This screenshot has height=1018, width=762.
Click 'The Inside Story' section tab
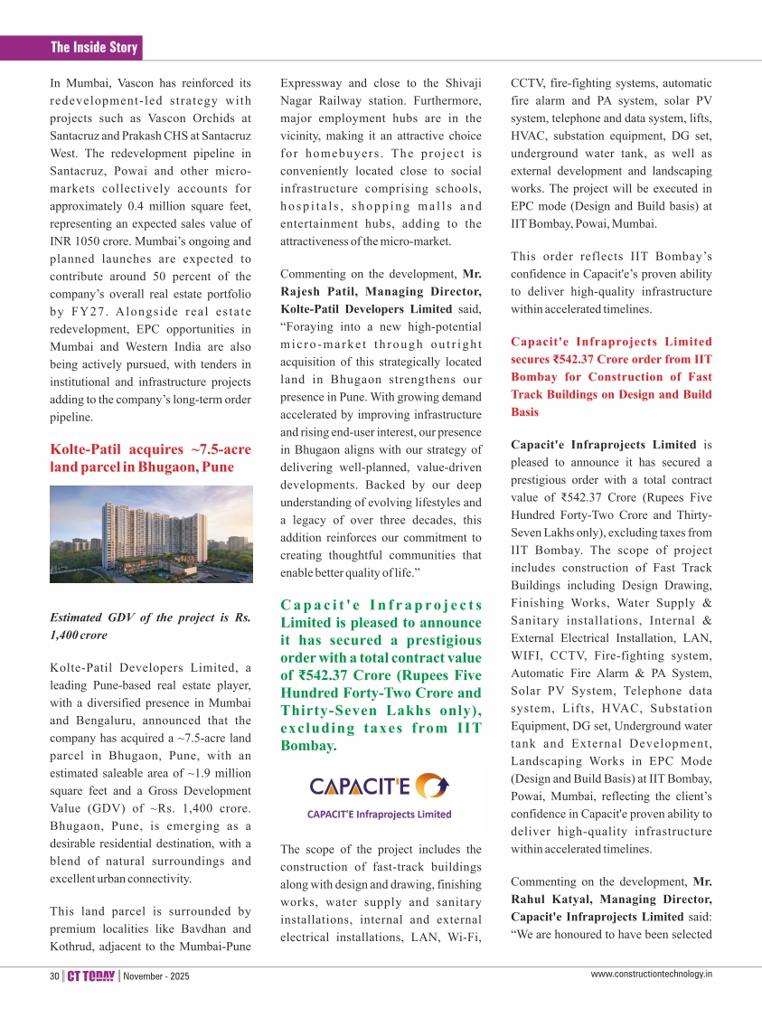tap(94, 47)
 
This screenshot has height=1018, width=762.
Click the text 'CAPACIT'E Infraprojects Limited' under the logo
tap(380, 814)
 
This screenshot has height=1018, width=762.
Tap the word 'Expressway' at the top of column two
tap(313, 83)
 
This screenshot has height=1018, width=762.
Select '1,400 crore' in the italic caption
tap(79, 636)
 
